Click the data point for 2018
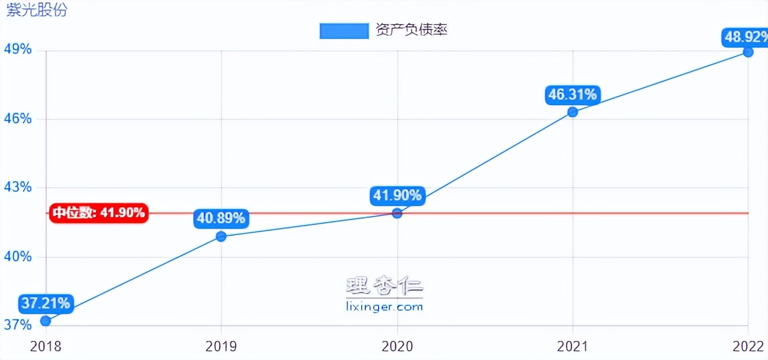(x=46, y=320)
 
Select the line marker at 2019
(x=221, y=236)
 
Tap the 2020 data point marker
(x=397, y=213)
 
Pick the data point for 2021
(x=572, y=112)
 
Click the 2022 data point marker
(x=748, y=52)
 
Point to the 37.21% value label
(x=46, y=304)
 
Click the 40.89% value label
(x=221, y=218)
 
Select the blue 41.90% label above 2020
(x=397, y=195)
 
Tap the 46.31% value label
(x=572, y=95)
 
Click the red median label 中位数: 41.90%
(x=98, y=212)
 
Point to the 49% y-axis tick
(x=18, y=49)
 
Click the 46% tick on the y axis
(x=18, y=119)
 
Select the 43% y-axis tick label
(x=18, y=188)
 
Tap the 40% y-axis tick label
(x=18, y=257)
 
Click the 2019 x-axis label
(x=221, y=346)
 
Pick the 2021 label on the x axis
(x=572, y=346)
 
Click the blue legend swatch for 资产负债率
(x=344, y=31)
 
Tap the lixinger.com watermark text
(x=385, y=307)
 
